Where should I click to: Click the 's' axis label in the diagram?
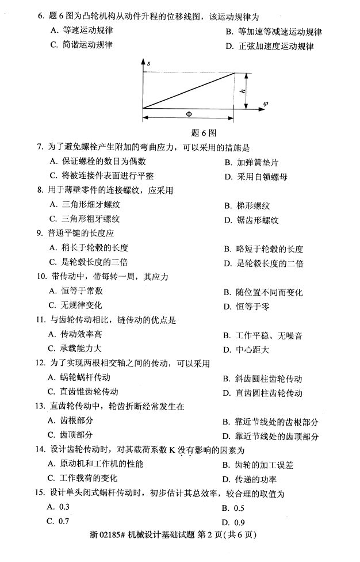(x=148, y=62)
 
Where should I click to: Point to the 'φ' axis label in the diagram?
(x=266, y=104)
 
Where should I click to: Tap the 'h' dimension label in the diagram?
(x=243, y=91)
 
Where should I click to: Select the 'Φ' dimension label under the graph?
(x=189, y=114)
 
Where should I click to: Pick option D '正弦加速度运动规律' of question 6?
(x=275, y=47)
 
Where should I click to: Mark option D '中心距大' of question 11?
(x=253, y=349)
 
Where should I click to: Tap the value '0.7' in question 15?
(x=64, y=521)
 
